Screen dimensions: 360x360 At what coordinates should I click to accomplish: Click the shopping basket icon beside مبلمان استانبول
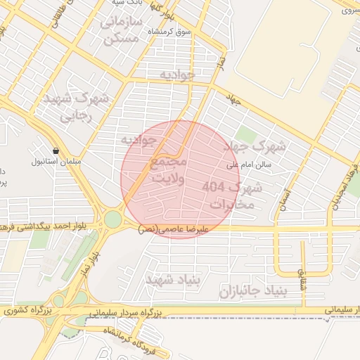[56, 150]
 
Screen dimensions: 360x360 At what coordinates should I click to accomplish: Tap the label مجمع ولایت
[169, 171]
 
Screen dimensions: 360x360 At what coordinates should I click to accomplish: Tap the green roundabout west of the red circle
[113, 220]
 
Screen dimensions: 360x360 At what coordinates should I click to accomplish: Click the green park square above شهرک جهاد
[245, 134]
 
